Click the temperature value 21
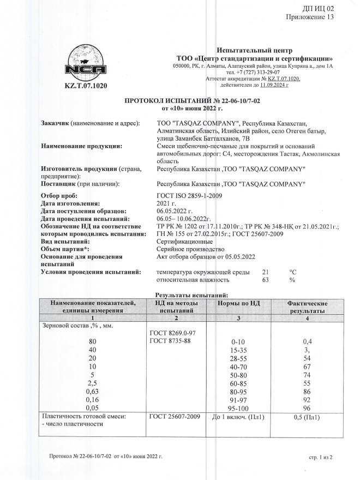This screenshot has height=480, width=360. [266, 272]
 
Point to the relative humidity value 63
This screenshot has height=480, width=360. [266, 280]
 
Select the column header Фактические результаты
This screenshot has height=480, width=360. [307, 306]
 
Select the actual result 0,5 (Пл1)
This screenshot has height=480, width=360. [306, 418]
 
